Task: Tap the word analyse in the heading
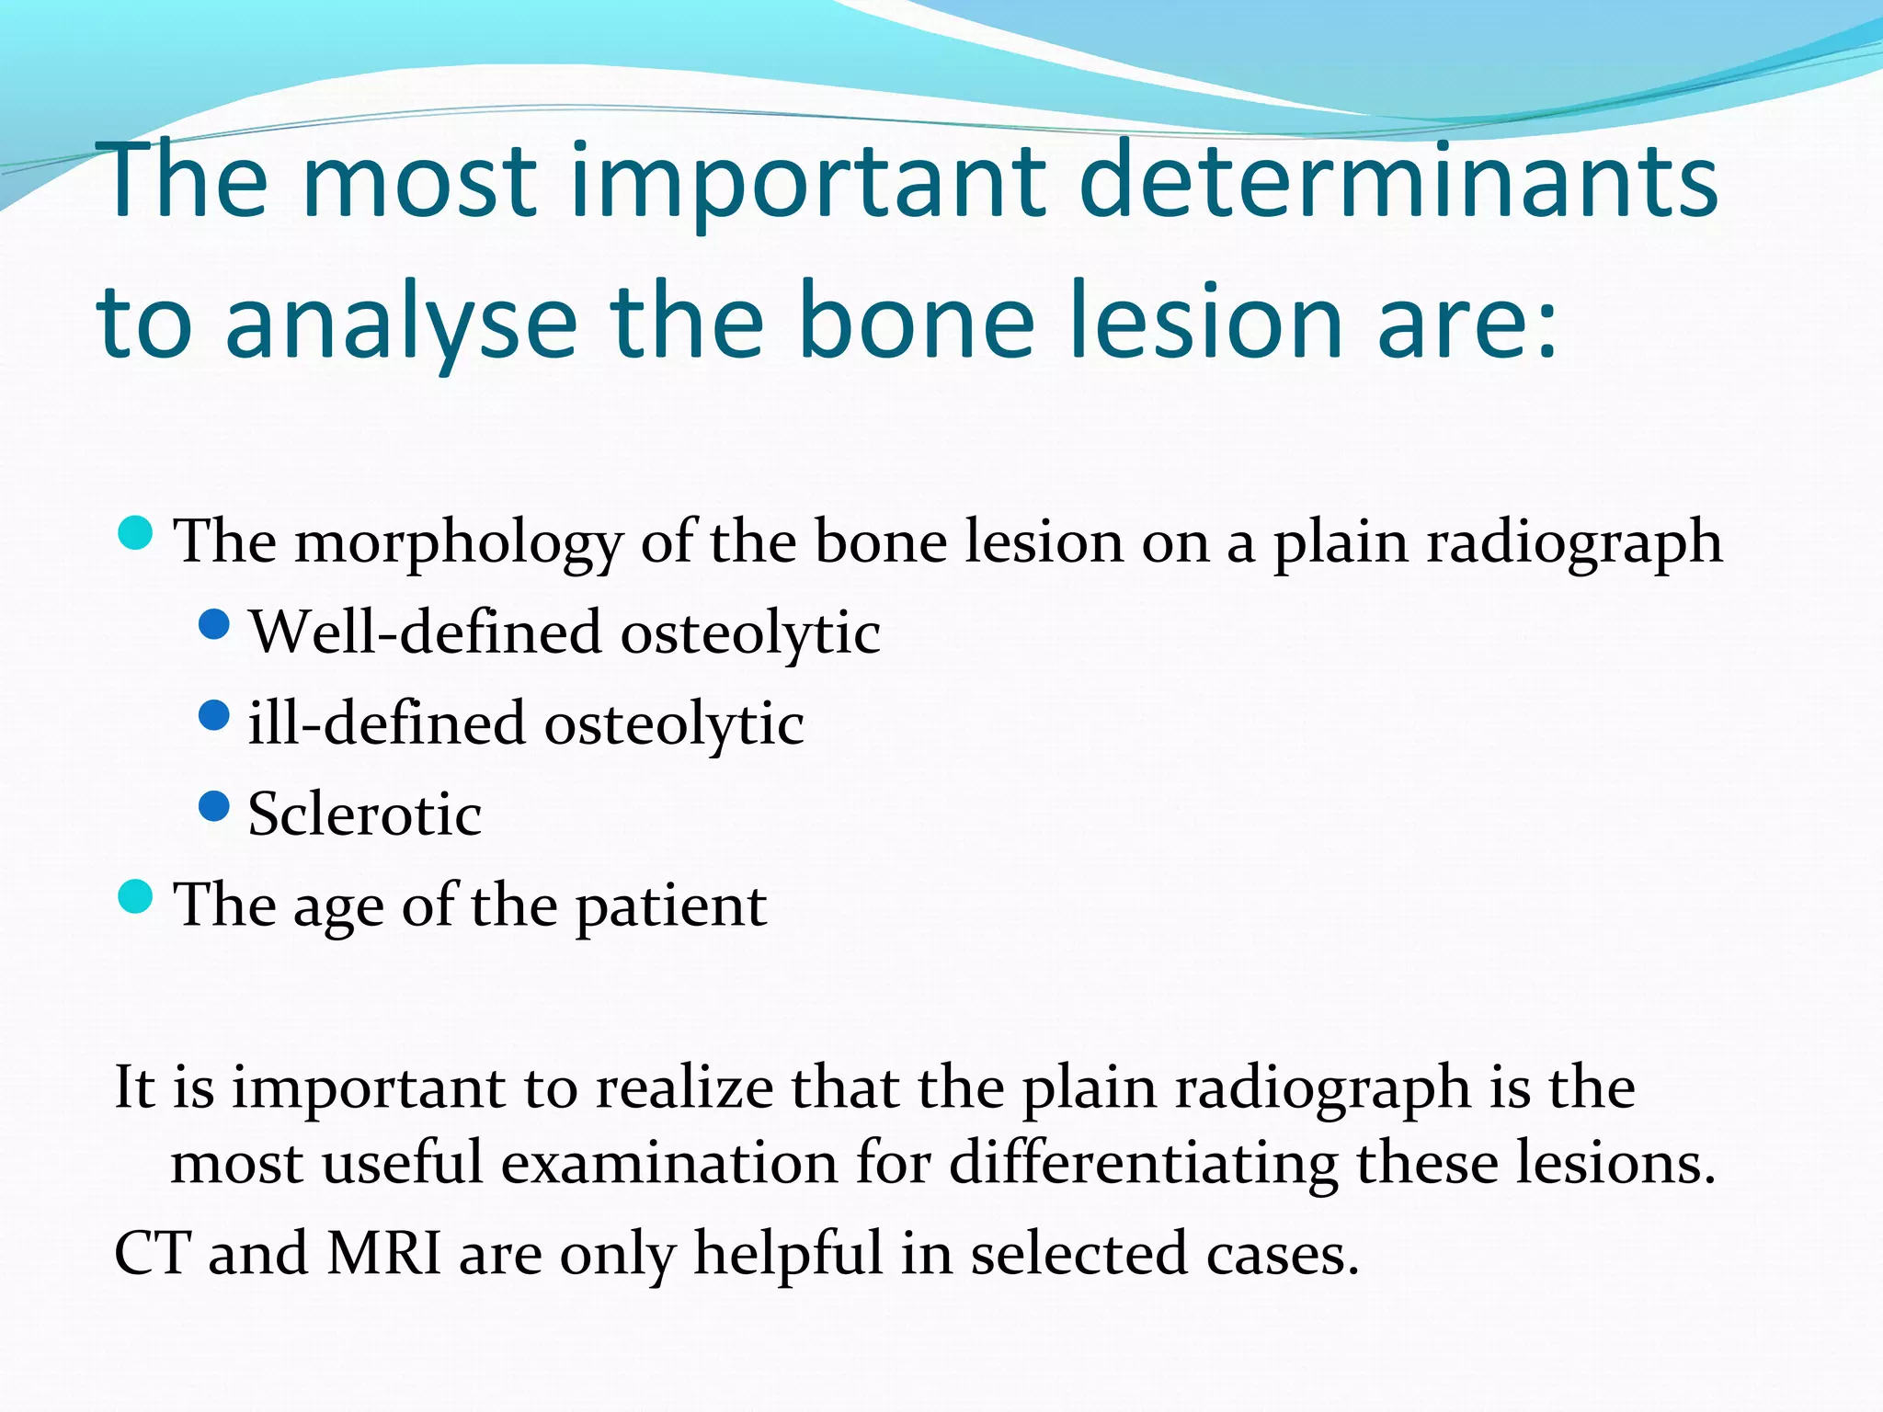point(400,324)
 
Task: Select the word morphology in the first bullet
point(459,542)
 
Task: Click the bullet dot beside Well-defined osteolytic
point(213,626)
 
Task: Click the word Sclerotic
point(364,814)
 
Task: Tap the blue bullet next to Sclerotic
point(213,806)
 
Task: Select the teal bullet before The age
point(136,896)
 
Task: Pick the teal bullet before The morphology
point(136,533)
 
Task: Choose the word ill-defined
point(385,723)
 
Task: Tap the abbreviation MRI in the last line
point(384,1253)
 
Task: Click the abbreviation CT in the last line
point(152,1253)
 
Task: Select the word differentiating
point(1143,1164)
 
